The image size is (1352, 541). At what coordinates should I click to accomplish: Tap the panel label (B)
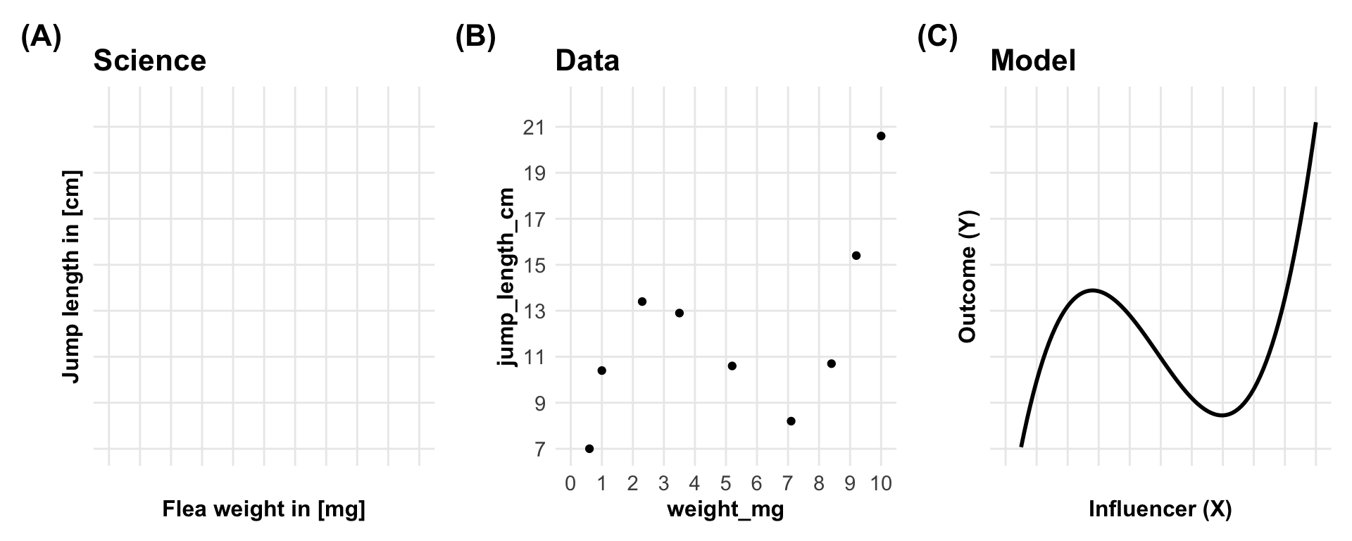click(475, 37)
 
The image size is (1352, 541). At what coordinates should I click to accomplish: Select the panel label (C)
click(937, 37)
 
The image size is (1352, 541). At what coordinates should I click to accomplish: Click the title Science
click(150, 61)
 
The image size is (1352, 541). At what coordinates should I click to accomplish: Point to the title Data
click(587, 61)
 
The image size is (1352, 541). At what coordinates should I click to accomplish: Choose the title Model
click(1033, 61)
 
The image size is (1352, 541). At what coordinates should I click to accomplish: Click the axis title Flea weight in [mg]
click(264, 509)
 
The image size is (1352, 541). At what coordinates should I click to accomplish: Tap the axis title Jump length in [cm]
click(71, 276)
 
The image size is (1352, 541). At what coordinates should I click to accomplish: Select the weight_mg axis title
click(725, 509)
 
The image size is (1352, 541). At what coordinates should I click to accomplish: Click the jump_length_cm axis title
click(507, 276)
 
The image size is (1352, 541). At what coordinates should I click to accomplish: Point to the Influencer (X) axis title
click(1160, 509)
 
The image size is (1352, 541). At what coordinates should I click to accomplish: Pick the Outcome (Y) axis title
click(968, 276)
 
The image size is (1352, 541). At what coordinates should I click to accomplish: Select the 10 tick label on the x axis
click(881, 484)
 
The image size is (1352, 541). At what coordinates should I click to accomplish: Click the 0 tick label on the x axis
click(570, 484)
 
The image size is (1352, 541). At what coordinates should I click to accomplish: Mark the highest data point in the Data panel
click(881, 136)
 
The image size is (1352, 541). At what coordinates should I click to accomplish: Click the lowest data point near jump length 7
click(589, 449)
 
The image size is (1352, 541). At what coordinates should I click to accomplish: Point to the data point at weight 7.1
click(791, 421)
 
